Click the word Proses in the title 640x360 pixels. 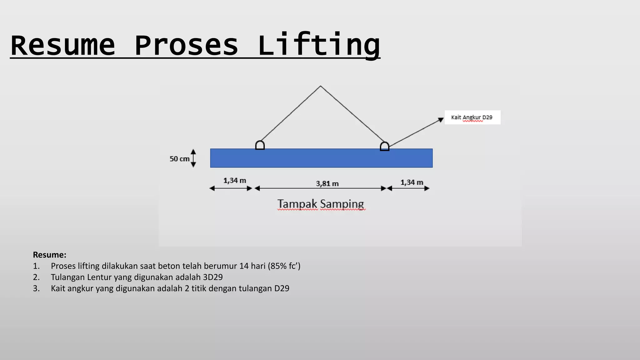187,45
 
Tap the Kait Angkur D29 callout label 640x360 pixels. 472,117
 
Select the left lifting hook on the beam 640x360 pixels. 260,145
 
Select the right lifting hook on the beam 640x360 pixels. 384,146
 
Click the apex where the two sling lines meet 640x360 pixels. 320,86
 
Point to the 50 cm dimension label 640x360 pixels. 179,159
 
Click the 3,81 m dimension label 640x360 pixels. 327,183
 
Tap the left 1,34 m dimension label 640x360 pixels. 235,181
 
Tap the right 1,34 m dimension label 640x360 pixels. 412,182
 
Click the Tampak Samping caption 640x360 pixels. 321,204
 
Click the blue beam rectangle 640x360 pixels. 321,158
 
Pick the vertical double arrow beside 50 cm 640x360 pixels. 193,158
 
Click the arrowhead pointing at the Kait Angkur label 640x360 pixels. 441,119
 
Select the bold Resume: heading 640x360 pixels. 50,255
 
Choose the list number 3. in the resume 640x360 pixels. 36,288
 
